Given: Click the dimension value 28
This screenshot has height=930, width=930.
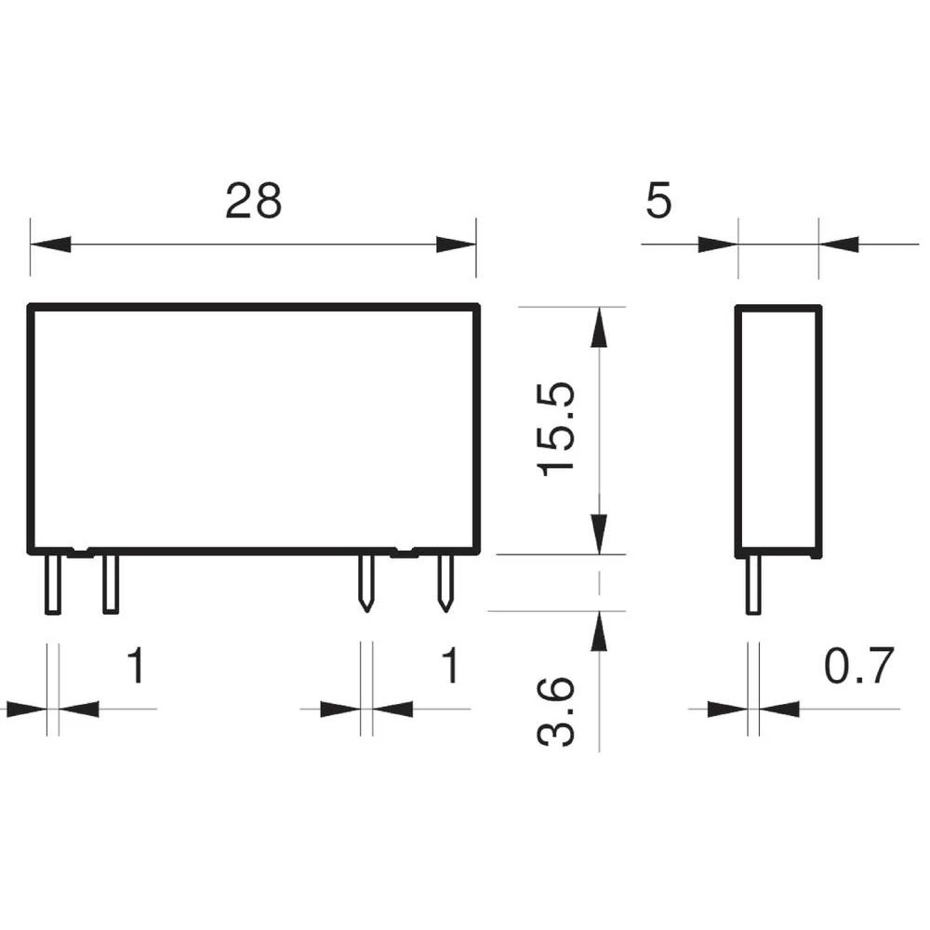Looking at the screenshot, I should pos(253,201).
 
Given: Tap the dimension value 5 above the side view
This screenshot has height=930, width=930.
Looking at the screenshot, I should pos(658,201).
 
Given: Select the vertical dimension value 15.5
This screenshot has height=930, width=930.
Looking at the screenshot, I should pos(559,430).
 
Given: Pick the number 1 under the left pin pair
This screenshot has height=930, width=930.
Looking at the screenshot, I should pos(136,667).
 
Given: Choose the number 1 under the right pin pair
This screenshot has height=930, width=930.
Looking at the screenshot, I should pos(449,667).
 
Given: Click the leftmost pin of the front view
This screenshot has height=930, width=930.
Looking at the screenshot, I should pos(53,583).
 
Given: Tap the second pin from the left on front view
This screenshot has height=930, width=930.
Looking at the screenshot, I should pos(111,583).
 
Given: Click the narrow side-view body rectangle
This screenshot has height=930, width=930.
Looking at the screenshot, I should pos(778,430).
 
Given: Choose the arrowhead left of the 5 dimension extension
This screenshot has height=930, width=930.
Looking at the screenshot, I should pos(718,246).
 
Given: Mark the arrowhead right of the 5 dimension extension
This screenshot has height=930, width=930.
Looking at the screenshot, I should pos(839,246).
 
